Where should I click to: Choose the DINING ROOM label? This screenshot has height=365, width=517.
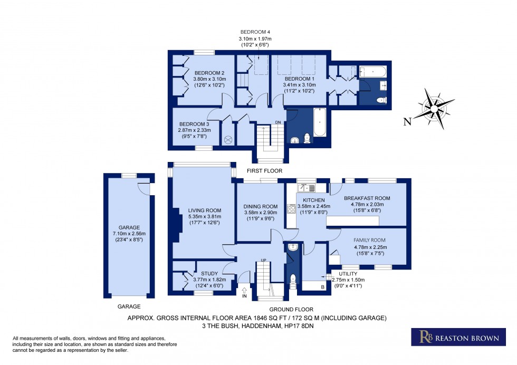click(x=260, y=206)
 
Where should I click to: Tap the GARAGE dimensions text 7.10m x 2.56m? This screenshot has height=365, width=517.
click(x=129, y=234)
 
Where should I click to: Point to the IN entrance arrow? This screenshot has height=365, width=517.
click(x=244, y=291)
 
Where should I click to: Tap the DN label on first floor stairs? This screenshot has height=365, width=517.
click(x=277, y=123)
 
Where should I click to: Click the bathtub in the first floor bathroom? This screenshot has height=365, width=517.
click(x=320, y=123)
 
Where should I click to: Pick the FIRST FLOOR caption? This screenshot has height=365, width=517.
click(x=266, y=171)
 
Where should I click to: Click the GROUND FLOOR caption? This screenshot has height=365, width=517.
click(x=291, y=310)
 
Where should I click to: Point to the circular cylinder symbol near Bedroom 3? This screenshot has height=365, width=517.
click(x=228, y=139)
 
